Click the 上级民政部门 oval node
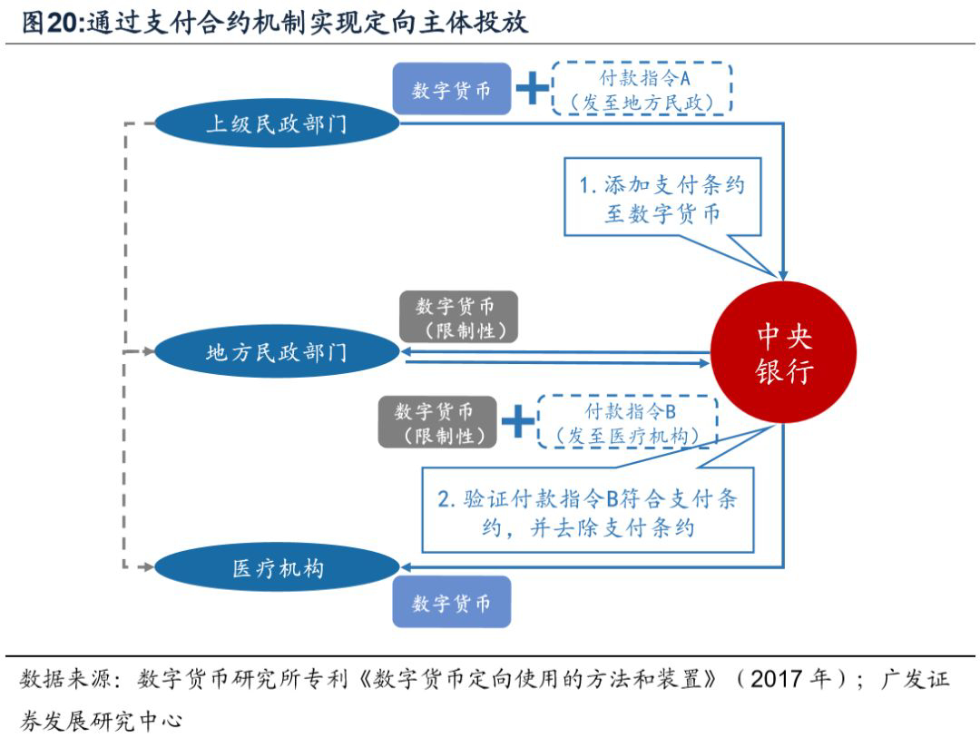tap(276, 123)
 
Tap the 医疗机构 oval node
tap(278, 569)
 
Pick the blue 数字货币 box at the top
tap(451, 90)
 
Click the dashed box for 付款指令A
tap(641, 89)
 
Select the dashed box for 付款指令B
tap(627, 422)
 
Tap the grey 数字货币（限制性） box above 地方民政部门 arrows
tap(459, 317)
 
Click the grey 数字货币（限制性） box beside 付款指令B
tap(437, 422)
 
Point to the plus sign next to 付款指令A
tap(533, 89)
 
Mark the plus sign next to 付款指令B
tap(518, 421)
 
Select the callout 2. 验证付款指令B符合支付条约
tap(587, 512)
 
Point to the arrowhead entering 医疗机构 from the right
tap(407, 566)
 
